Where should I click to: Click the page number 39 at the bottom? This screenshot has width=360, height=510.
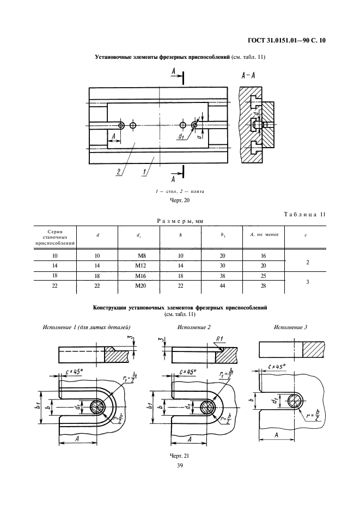180,464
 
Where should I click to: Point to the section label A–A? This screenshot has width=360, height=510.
248,76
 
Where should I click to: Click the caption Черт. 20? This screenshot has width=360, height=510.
180,200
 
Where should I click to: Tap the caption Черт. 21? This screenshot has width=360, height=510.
180,454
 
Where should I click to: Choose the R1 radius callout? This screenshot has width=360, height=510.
221,338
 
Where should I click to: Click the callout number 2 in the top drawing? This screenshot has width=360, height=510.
118,172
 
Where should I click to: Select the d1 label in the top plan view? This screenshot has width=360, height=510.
181,137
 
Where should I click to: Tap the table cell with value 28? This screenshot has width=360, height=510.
263,286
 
